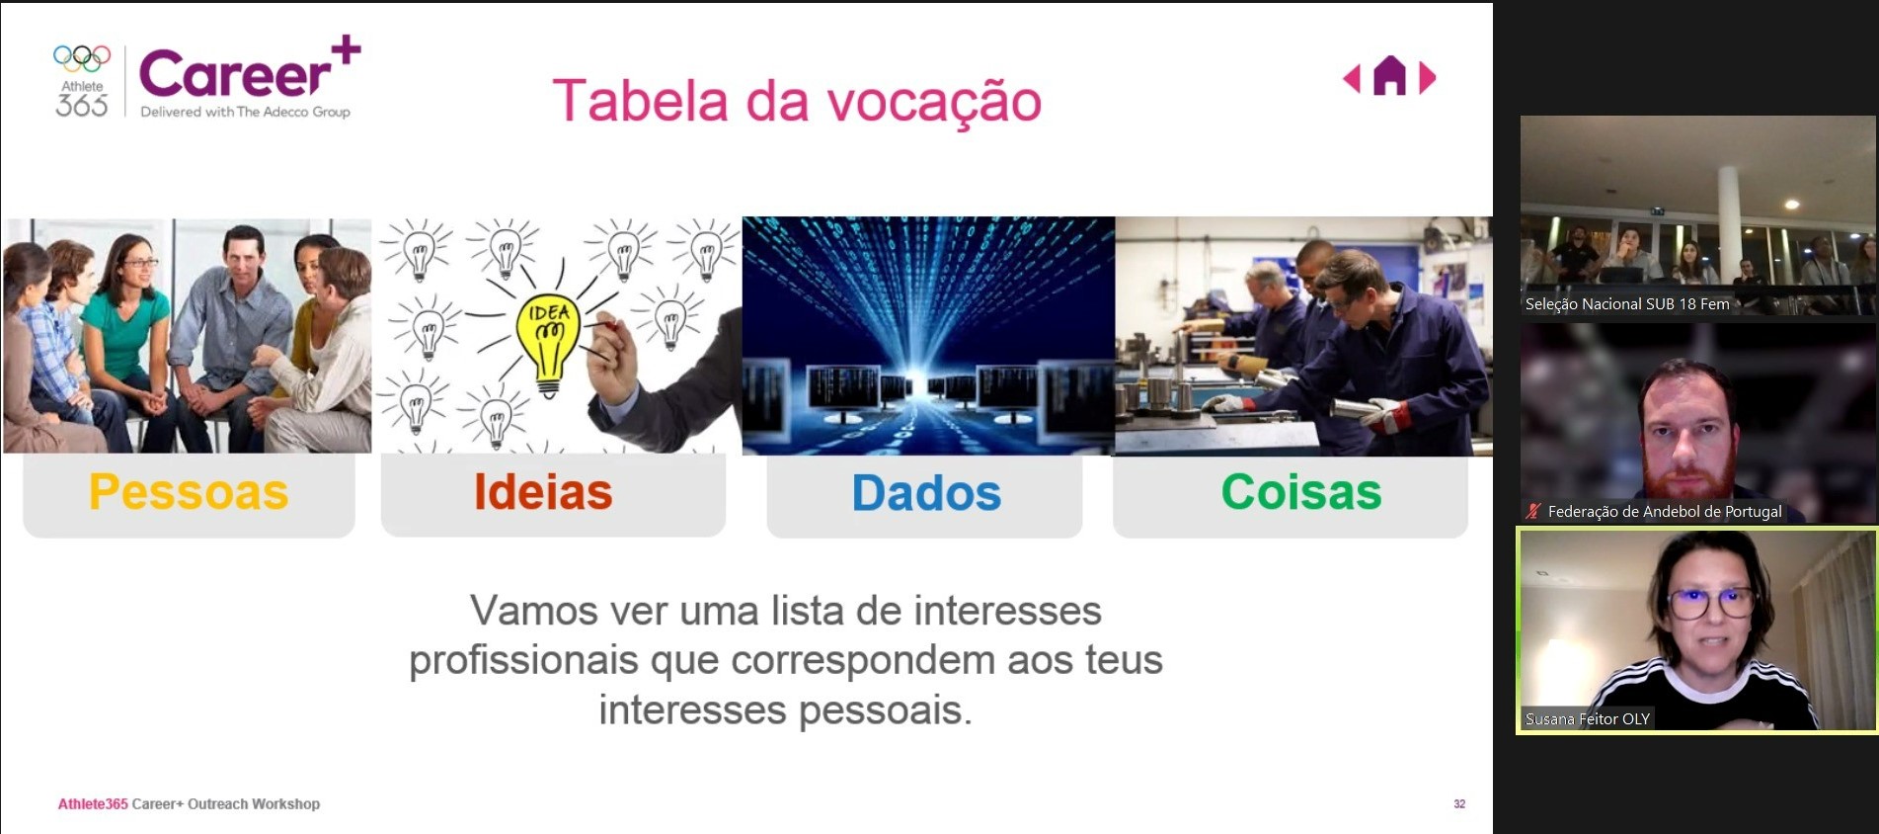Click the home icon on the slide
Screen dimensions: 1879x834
tap(1389, 76)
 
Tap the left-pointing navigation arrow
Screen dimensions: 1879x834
tap(1352, 78)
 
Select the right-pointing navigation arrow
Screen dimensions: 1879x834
tap(1427, 78)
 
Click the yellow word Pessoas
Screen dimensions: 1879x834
tap(189, 492)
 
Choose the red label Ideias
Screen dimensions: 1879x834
tap(543, 492)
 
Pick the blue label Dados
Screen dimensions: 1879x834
tap(926, 493)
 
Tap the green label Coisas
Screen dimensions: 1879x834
tap(1301, 492)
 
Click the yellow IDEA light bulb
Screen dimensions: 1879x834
tap(549, 342)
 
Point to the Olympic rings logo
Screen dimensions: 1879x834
tap(82, 58)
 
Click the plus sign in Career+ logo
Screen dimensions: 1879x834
tap(346, 49)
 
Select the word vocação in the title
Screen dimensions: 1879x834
tap(934, 103)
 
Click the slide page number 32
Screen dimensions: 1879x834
tap(1459, 804)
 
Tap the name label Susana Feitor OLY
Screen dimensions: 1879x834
tap(1588, 719)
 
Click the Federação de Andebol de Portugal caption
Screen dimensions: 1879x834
tap(1665, 512)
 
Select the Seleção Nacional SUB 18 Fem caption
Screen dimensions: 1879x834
tap(1627, 304)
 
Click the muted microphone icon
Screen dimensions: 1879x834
tap(1533, 511)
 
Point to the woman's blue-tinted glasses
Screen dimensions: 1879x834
tap(1711, 601)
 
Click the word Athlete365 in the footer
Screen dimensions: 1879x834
tap(93, 804)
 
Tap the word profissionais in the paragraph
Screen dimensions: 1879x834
tap(523, 660)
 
